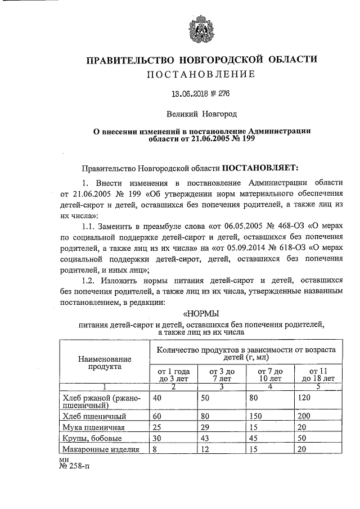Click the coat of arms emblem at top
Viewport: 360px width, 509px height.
click(x=201, y=28)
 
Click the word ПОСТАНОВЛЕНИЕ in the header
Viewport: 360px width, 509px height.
click(x=201, y=74)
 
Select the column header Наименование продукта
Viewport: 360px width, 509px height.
click(x=105, y=362)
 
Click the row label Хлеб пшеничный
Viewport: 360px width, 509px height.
click(x=94, y=416)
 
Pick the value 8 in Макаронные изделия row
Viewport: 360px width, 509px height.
click(x=155, y=449)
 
